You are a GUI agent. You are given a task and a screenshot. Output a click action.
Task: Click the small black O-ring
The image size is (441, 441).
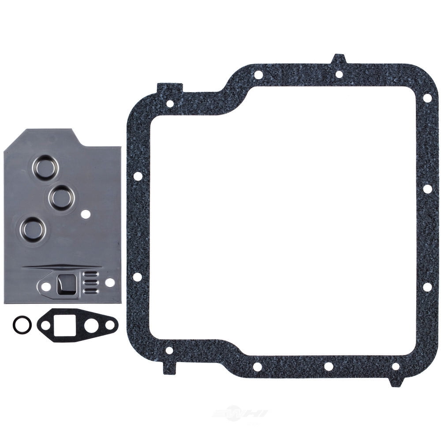point(22,325)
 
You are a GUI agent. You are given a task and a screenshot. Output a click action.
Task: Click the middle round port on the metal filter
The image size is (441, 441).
point(61,197)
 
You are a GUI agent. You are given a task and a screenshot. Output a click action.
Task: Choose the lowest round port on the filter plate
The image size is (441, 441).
point(34,229)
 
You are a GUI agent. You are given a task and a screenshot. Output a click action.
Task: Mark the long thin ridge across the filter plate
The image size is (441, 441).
point(62,266)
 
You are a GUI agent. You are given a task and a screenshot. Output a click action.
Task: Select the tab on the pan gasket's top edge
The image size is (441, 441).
point(339,58)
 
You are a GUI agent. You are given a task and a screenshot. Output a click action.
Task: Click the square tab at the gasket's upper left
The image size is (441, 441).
point(169,89)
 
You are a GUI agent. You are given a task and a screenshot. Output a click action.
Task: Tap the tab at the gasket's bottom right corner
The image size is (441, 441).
point(396,381)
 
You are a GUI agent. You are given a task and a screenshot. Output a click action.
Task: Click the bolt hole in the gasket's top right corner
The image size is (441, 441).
point(426,97)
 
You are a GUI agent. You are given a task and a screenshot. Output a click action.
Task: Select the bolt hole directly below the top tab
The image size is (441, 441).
point(339,74)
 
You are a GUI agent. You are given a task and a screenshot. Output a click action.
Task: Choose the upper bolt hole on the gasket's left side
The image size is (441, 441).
point(138,176)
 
